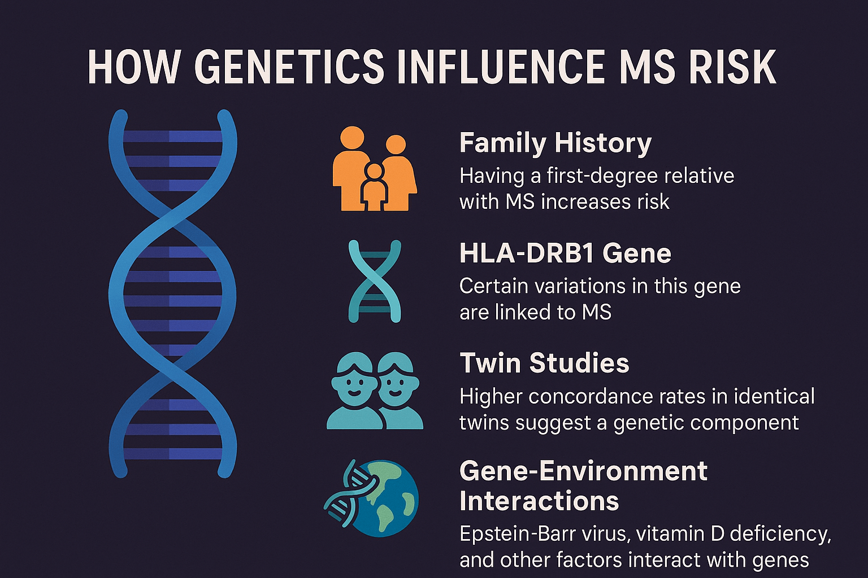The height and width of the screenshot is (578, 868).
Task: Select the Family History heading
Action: [x=555, y=143]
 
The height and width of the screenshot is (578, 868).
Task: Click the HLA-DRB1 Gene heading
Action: [x=565, y=253]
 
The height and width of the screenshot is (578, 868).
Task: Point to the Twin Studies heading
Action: [x=544, y=363]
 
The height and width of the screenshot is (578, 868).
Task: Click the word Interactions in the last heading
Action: [x=539, y=501]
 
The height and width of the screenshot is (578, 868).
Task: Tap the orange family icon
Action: [x=375, y=169]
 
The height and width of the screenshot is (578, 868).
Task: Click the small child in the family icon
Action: [x=374, y=187]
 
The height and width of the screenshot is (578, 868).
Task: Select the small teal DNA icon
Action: [x=375, y=281]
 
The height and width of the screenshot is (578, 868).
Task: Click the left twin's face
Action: [x=353, y=385]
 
